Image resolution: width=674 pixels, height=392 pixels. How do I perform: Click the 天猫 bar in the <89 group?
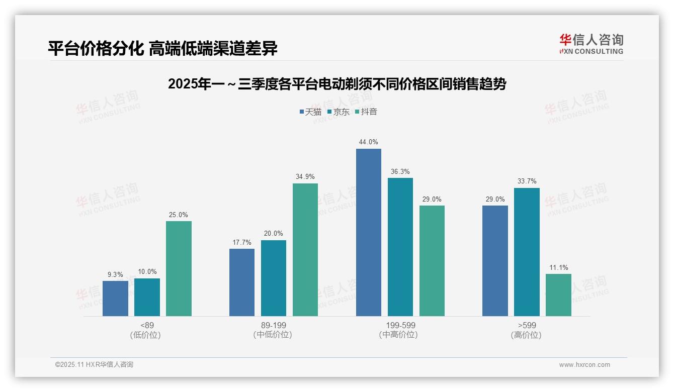[x=115, y=299]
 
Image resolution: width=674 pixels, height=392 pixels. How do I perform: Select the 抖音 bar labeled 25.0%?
[x=179, y=268]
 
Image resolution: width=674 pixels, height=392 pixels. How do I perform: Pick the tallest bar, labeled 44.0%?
[x=369, y=232]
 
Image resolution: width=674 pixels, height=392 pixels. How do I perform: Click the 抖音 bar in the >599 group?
[x=558, y=295]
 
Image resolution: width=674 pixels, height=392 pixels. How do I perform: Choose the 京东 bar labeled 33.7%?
[x=527, y=252]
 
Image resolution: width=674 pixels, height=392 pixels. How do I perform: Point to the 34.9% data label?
[x=305, y=177]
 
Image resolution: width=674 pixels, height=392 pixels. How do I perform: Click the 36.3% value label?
[x=400, y=171]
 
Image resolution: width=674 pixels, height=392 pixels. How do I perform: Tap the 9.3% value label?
[x=115, y=274]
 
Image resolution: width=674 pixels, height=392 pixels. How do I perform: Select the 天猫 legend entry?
[x=310, y=112]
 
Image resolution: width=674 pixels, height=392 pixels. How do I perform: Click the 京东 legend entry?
[x=338, y=112]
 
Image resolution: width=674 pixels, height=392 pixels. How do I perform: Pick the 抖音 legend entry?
[x=366, y=112]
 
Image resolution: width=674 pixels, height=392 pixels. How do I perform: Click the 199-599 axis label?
[x=400, y=325]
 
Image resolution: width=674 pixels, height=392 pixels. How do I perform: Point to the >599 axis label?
[x=527, y=325]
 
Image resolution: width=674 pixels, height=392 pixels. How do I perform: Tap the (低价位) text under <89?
[x=145, y=335]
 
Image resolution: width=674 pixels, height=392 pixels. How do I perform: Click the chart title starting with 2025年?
[x=337, y=84]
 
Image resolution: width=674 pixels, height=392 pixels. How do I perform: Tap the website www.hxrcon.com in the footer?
[x=584, y=365]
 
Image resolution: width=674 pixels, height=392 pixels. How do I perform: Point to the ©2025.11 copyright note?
[x=94, y=364]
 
